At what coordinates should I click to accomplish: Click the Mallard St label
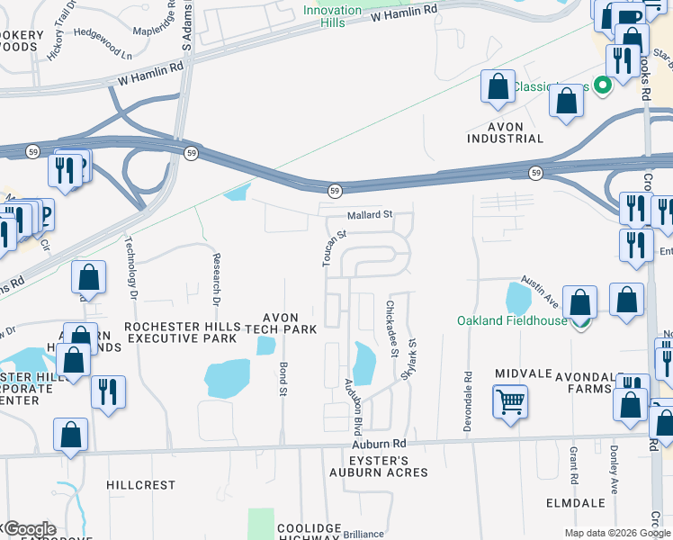tap(371, 215)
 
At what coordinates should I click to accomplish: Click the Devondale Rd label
tap(468, 400)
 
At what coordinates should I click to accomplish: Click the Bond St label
tap(283, 378)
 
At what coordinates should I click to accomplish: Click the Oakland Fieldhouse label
tap(512, 320)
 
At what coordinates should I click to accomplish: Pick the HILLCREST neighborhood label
tap(140, 484)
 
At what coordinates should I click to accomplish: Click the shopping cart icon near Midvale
tap(510, 400)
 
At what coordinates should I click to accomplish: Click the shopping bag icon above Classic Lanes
tap(498, 88)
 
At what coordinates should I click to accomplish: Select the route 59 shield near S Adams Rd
tap(192, 154)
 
